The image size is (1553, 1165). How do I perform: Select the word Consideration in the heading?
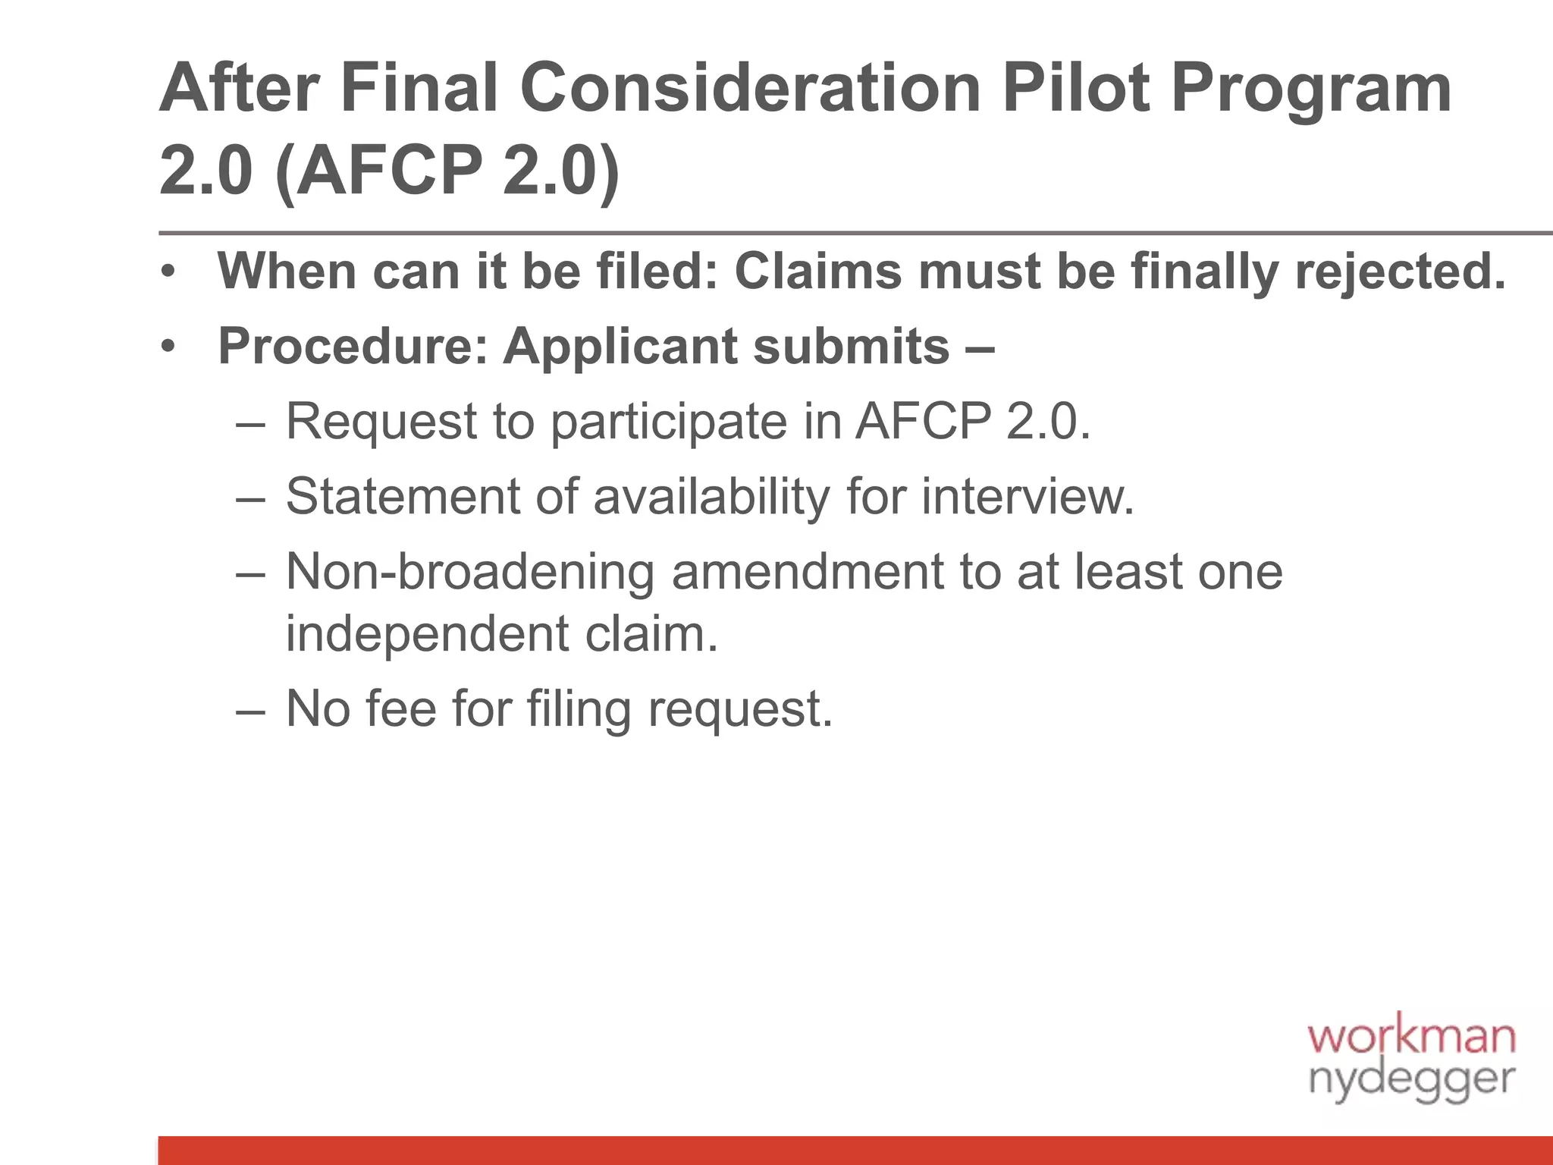750,89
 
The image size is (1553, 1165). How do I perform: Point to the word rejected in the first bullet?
1400,272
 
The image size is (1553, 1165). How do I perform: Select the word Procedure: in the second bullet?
353,347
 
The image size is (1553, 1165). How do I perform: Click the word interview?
1027,497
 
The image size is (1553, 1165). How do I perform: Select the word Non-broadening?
470,572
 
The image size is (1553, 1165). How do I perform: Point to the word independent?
427,634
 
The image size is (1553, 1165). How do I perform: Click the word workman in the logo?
1411,1037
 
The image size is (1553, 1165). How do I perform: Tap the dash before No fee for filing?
251,711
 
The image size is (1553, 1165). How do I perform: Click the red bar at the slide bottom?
855,1150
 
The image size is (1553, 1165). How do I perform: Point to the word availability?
711,497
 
